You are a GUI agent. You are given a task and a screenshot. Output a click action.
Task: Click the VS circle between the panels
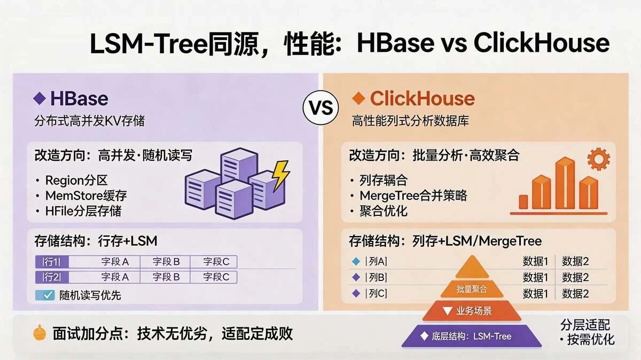320,107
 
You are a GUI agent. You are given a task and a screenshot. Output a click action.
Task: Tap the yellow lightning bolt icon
280,175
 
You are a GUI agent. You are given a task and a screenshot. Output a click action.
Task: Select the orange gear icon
598,159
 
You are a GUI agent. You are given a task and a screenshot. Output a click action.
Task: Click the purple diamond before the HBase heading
40,98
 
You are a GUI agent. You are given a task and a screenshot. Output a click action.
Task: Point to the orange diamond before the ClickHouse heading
358,98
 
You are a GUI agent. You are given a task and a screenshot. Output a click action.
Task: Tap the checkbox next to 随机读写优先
45,295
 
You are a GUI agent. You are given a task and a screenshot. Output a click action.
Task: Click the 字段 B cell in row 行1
165,262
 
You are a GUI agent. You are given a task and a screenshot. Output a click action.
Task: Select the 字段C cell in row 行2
214,277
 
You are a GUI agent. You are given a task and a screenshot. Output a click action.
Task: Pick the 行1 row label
52,262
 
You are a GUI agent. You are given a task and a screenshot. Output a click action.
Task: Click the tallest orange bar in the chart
565,183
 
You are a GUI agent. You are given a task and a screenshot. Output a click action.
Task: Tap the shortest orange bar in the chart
523,202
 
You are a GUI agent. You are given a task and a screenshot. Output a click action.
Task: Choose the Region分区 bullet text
76,181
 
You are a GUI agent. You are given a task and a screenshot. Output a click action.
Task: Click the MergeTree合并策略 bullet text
413,195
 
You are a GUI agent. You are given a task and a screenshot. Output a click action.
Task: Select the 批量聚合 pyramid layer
472,289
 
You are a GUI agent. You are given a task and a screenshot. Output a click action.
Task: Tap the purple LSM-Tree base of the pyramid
472,336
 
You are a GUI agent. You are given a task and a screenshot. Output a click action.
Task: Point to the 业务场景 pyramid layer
472,311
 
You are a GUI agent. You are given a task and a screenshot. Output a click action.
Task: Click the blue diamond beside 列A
356,261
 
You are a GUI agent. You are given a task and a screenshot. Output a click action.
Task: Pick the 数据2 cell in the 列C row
575,294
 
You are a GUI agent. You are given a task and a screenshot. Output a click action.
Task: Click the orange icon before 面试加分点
40,333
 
